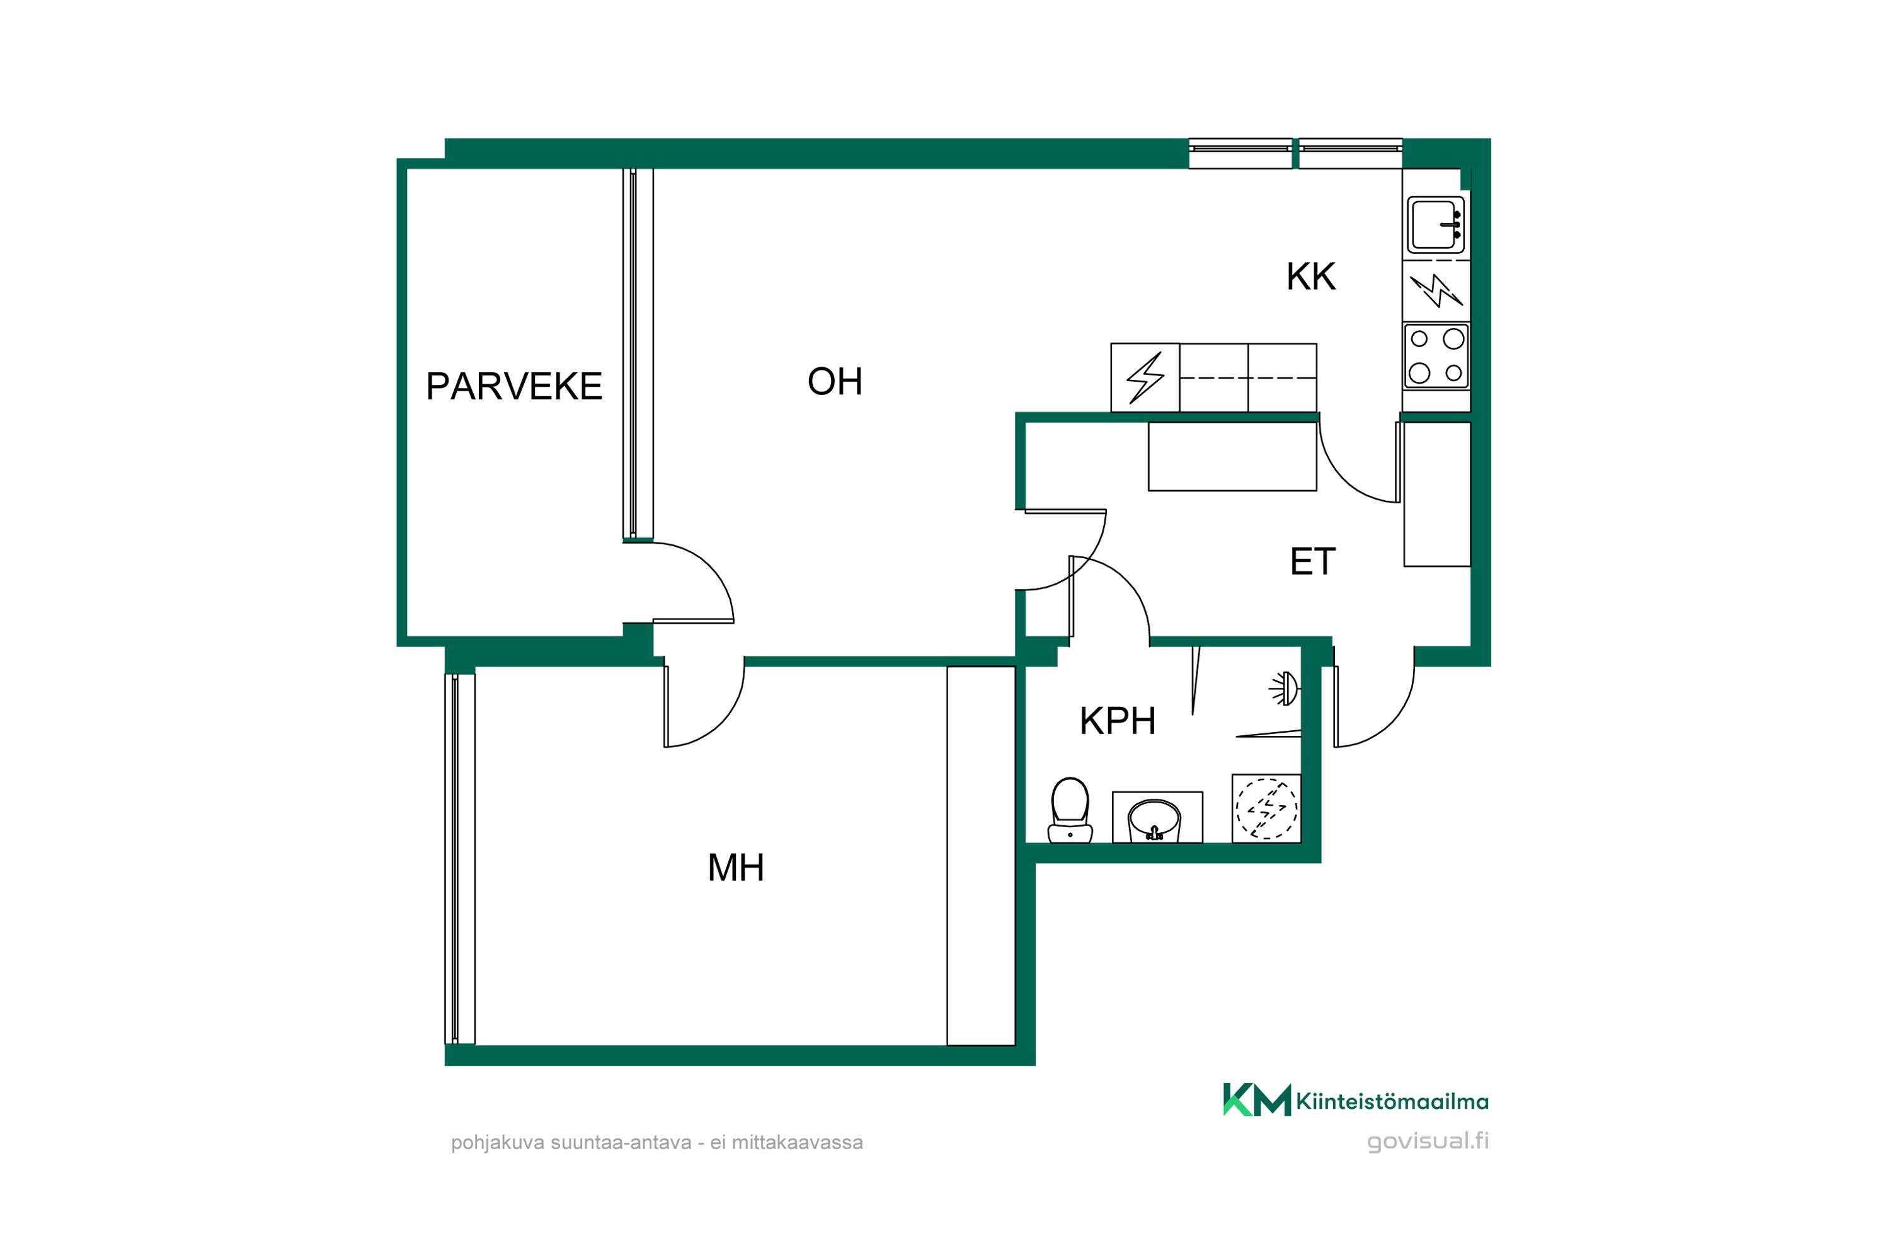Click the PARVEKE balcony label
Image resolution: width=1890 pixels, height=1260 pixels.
(514, 387)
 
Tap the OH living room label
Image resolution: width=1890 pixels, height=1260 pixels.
(835, 382)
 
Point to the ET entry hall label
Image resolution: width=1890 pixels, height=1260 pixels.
(1312, 562)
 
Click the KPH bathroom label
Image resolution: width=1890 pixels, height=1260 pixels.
(1118, 721)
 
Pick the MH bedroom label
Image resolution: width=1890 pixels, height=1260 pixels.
(735, 868)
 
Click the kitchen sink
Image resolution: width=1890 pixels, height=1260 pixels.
(1436, 225)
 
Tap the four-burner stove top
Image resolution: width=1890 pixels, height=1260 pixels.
(1436, 356)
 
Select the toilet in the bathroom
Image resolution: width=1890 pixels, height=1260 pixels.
(1070, 810)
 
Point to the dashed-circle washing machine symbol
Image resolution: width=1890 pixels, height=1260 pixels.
(1266, 808)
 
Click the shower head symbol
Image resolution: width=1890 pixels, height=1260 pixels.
(1284, 689)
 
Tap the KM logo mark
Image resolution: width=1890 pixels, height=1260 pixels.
(1257, 1100)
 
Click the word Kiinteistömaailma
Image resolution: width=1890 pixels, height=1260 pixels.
(1392, 1102)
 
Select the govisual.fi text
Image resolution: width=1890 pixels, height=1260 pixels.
(1428, 1141)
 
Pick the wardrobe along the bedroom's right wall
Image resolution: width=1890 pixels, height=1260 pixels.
(981, 856)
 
